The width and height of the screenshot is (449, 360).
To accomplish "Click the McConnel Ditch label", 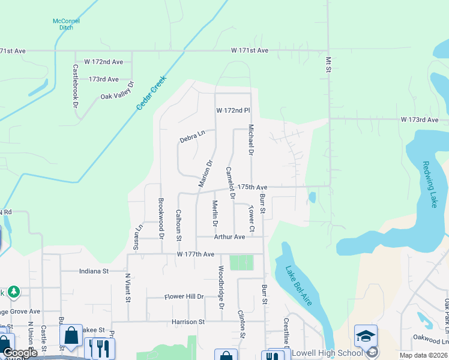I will pos(66,25).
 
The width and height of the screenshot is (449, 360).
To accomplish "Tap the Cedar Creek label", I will pos(151,95).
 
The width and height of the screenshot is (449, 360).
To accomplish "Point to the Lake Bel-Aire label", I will pos(298,286).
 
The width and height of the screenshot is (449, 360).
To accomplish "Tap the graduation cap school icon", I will pos(366,337).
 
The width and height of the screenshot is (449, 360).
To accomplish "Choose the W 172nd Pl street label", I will pos(233,111).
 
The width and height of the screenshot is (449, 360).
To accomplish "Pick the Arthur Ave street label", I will pos(229,237).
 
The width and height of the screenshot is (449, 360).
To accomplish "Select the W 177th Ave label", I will pos(195,254).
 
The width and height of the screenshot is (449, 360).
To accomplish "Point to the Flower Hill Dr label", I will pos(184,297).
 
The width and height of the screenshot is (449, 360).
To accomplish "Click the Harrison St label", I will pos(188,322).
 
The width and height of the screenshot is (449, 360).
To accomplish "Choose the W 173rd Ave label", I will pos(420,120).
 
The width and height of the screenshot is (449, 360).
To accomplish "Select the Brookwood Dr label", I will pos(161,217).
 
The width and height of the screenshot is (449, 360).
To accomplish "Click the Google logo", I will pos(20,353).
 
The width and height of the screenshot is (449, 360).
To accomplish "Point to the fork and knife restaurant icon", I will pos(100,347).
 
